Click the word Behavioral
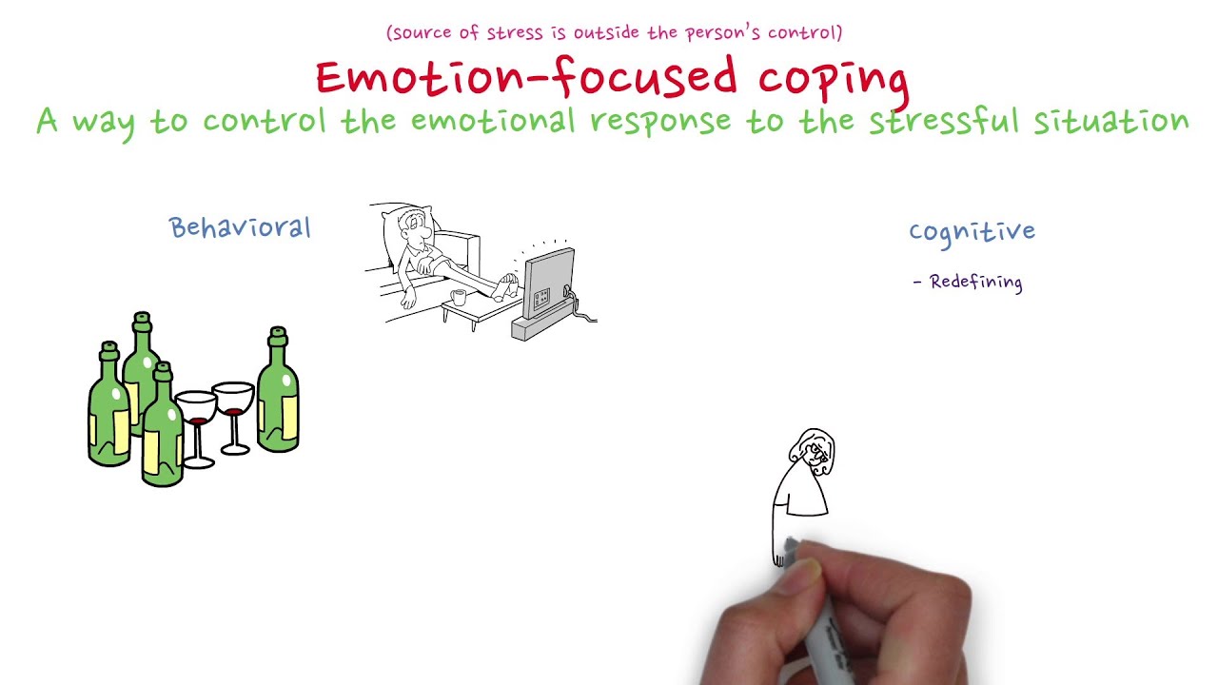point(240,228)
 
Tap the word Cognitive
point(972,232)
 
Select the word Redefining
point(975,282)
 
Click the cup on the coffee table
point(459,297)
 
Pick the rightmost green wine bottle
point(278,392)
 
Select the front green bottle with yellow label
point(164,428)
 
